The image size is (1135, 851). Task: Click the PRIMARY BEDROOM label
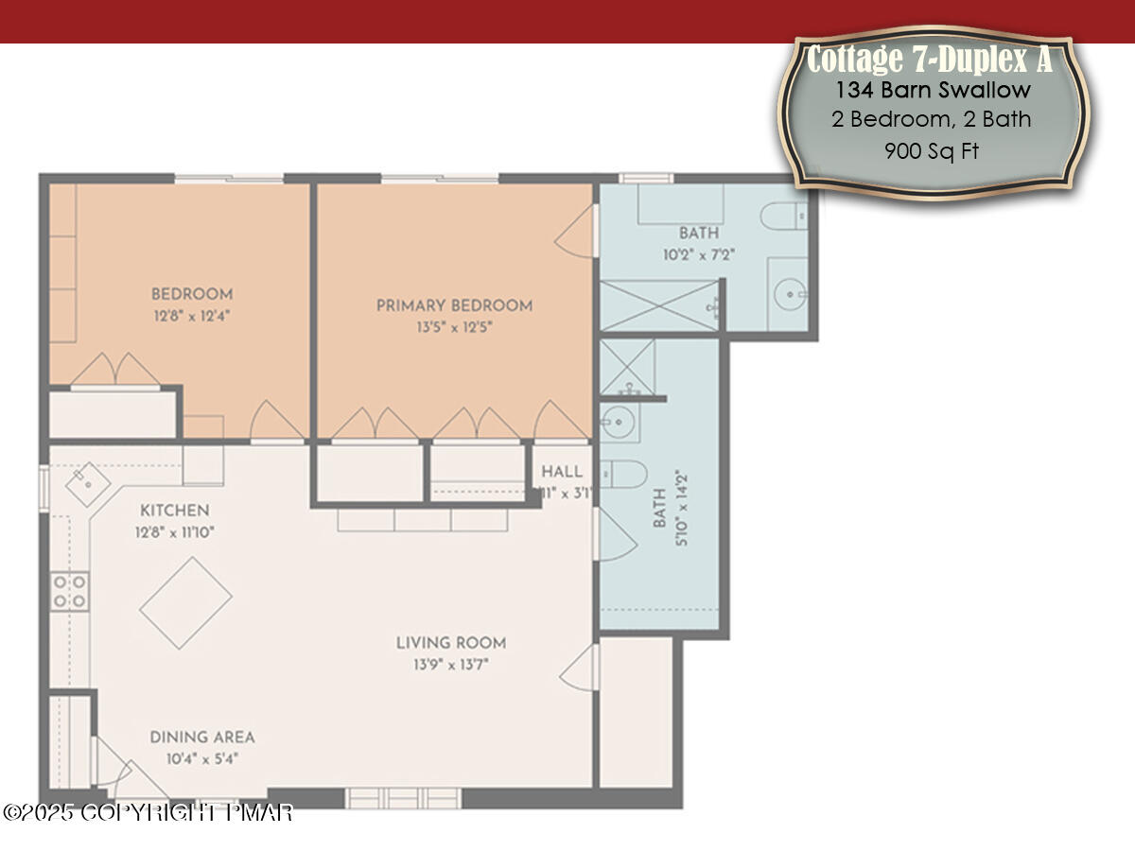pyautogui.click(x=454, y=305)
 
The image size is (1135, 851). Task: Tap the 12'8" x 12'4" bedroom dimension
pyautogui.click(x=192, y=315)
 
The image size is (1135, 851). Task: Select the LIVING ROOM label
pyautogui.click(x=450, y=643)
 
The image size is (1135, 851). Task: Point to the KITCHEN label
pyautogui.click(x=175, y=511)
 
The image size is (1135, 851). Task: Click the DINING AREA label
pyautogui.click(x=202, y=738)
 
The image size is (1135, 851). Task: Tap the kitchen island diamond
pyautogui.click(x=186, y=602)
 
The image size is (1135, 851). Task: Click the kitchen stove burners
pyautogui.click(x=70, y=590)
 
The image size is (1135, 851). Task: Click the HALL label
pyautogui.click(x=561, y=472)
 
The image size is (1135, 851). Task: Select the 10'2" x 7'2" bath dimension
pyautogui.click(x=699, y=254)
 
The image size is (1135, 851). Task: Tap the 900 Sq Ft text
pyautogui.click(x=932, y=150)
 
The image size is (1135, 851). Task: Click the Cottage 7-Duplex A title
pyautogui.click(x=929, y=60)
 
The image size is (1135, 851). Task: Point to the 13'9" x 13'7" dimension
pyautogui.click(x=450, y=665)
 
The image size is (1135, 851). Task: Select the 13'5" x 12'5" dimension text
pyautogui.click(x=454, y=327)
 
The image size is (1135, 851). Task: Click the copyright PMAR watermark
pyautogui.click(x=148, y=812)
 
